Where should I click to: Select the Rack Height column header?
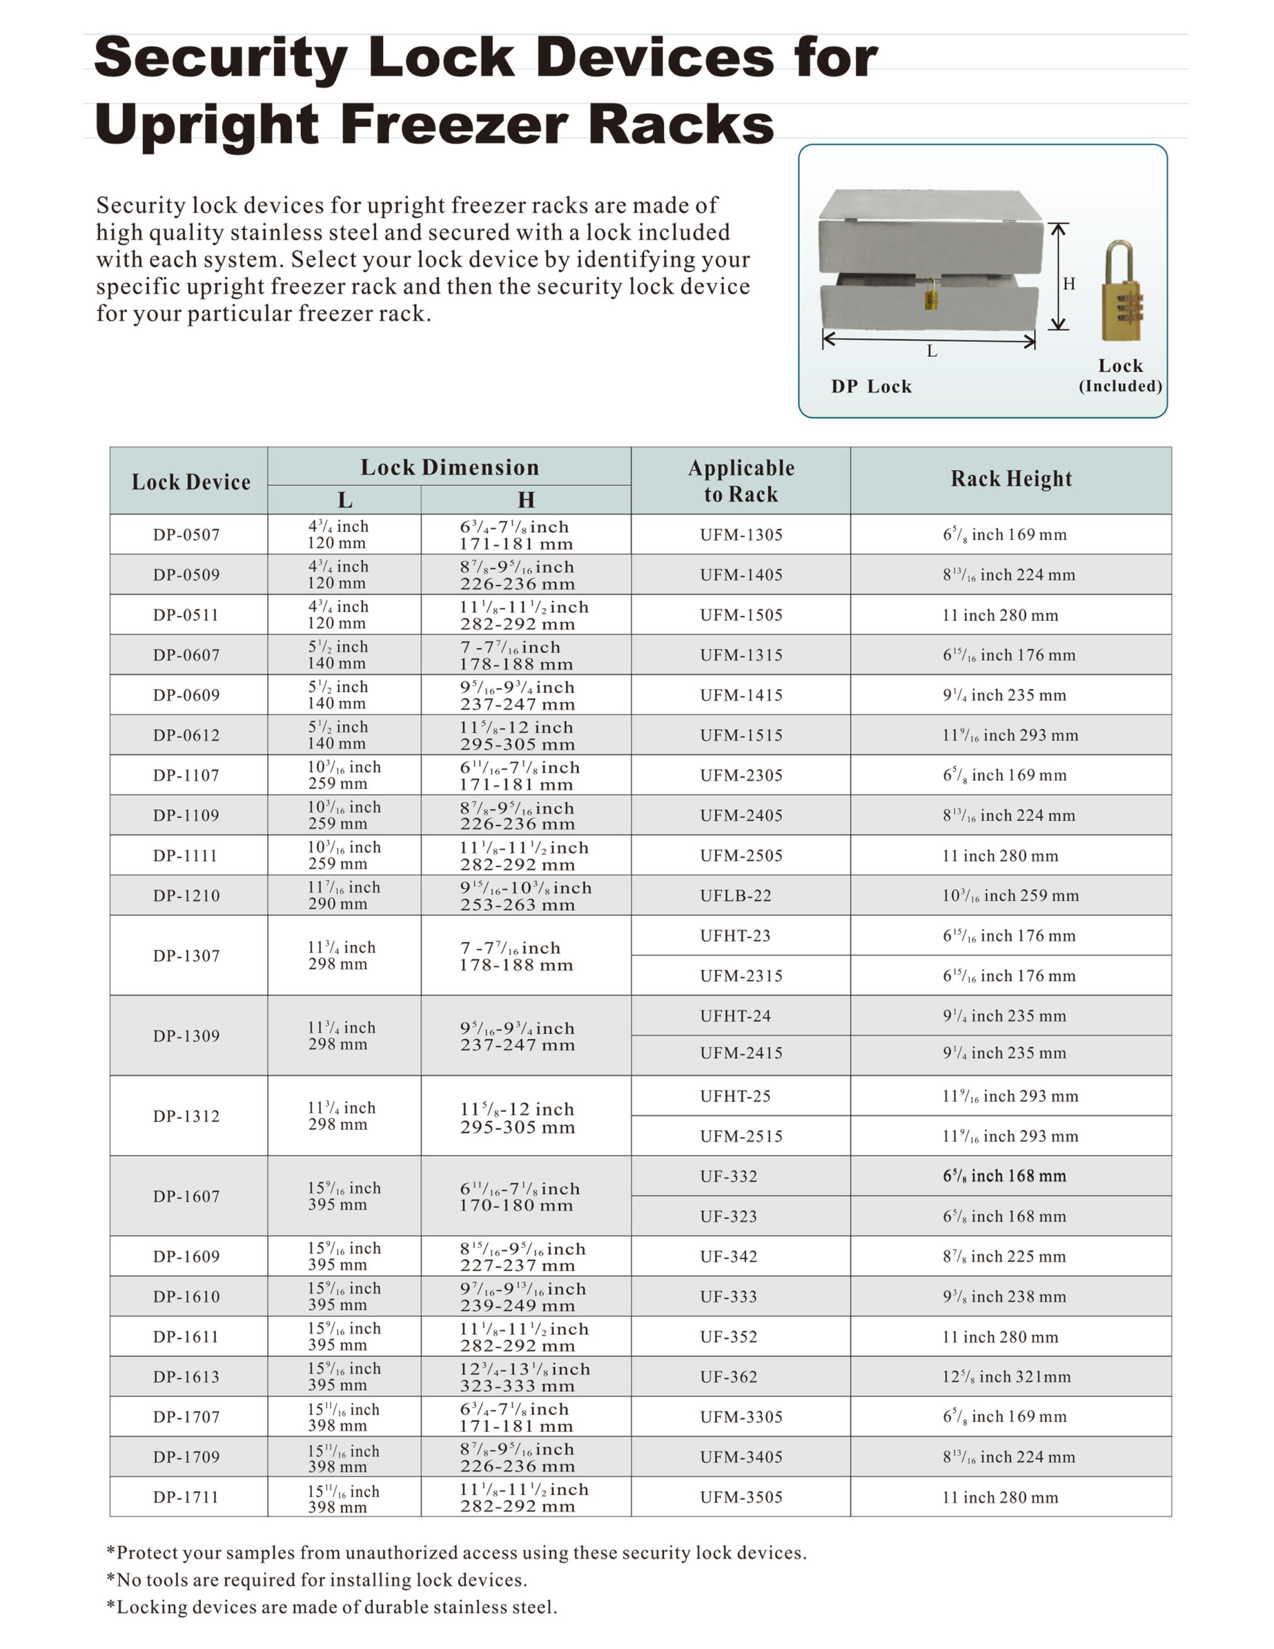(1011, 479)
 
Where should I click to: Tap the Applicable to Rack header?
(741, 481)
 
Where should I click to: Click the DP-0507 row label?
(187, 535)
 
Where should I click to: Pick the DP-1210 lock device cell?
(187, 895)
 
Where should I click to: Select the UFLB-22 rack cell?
(736, 895)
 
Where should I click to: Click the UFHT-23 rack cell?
(735, 935)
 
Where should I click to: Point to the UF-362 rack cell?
(728, 1377)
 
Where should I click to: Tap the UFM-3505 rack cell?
(741, 1496)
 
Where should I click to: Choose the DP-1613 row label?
(187, 1377)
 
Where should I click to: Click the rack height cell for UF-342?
(1003, 1256)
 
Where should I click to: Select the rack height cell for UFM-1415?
(1004, 694)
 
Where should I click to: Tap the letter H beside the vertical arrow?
(1069, 284)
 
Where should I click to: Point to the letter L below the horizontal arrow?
(932, 351)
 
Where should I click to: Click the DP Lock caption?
(871, 386)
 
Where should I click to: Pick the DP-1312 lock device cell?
(187, 1116)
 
